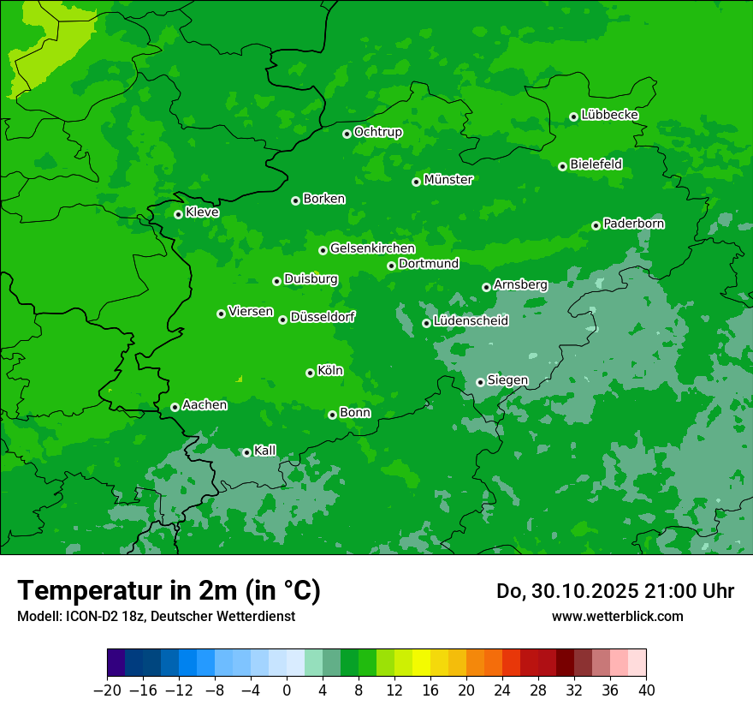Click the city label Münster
pyautogui.click(x=448, y=180)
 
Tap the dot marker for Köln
pyautogui.click(x=310, y=373)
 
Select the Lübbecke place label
pyautogui.click(x=609, y=115)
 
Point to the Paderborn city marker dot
pyautogui.click(x=596, y=225)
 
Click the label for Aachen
pyautogui.click(x=205, y=405)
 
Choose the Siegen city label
pyautogui.click(x=507, y=380)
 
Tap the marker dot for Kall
pyautogui.click(x=246, y=452)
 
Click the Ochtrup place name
pyautogui.click(x=377, y=132)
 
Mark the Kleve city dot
pyautogui.click(x=178, y=214)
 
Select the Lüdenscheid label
pyautogui.click(x=471, y=321)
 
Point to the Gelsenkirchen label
pyautogui.click(x=372, y=248)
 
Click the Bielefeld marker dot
pyautogui.click(x=562, y=166)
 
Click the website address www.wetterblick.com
pyautogui.click(x=617, y=616)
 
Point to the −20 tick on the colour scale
pyautogui.click(x=108, y=690)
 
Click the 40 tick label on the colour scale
pyautogui.click(x=646, y=690)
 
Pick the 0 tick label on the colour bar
pyautogui.click(x=287, y=690)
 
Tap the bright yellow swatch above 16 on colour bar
pyautogui.click(x=421, y=663)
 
